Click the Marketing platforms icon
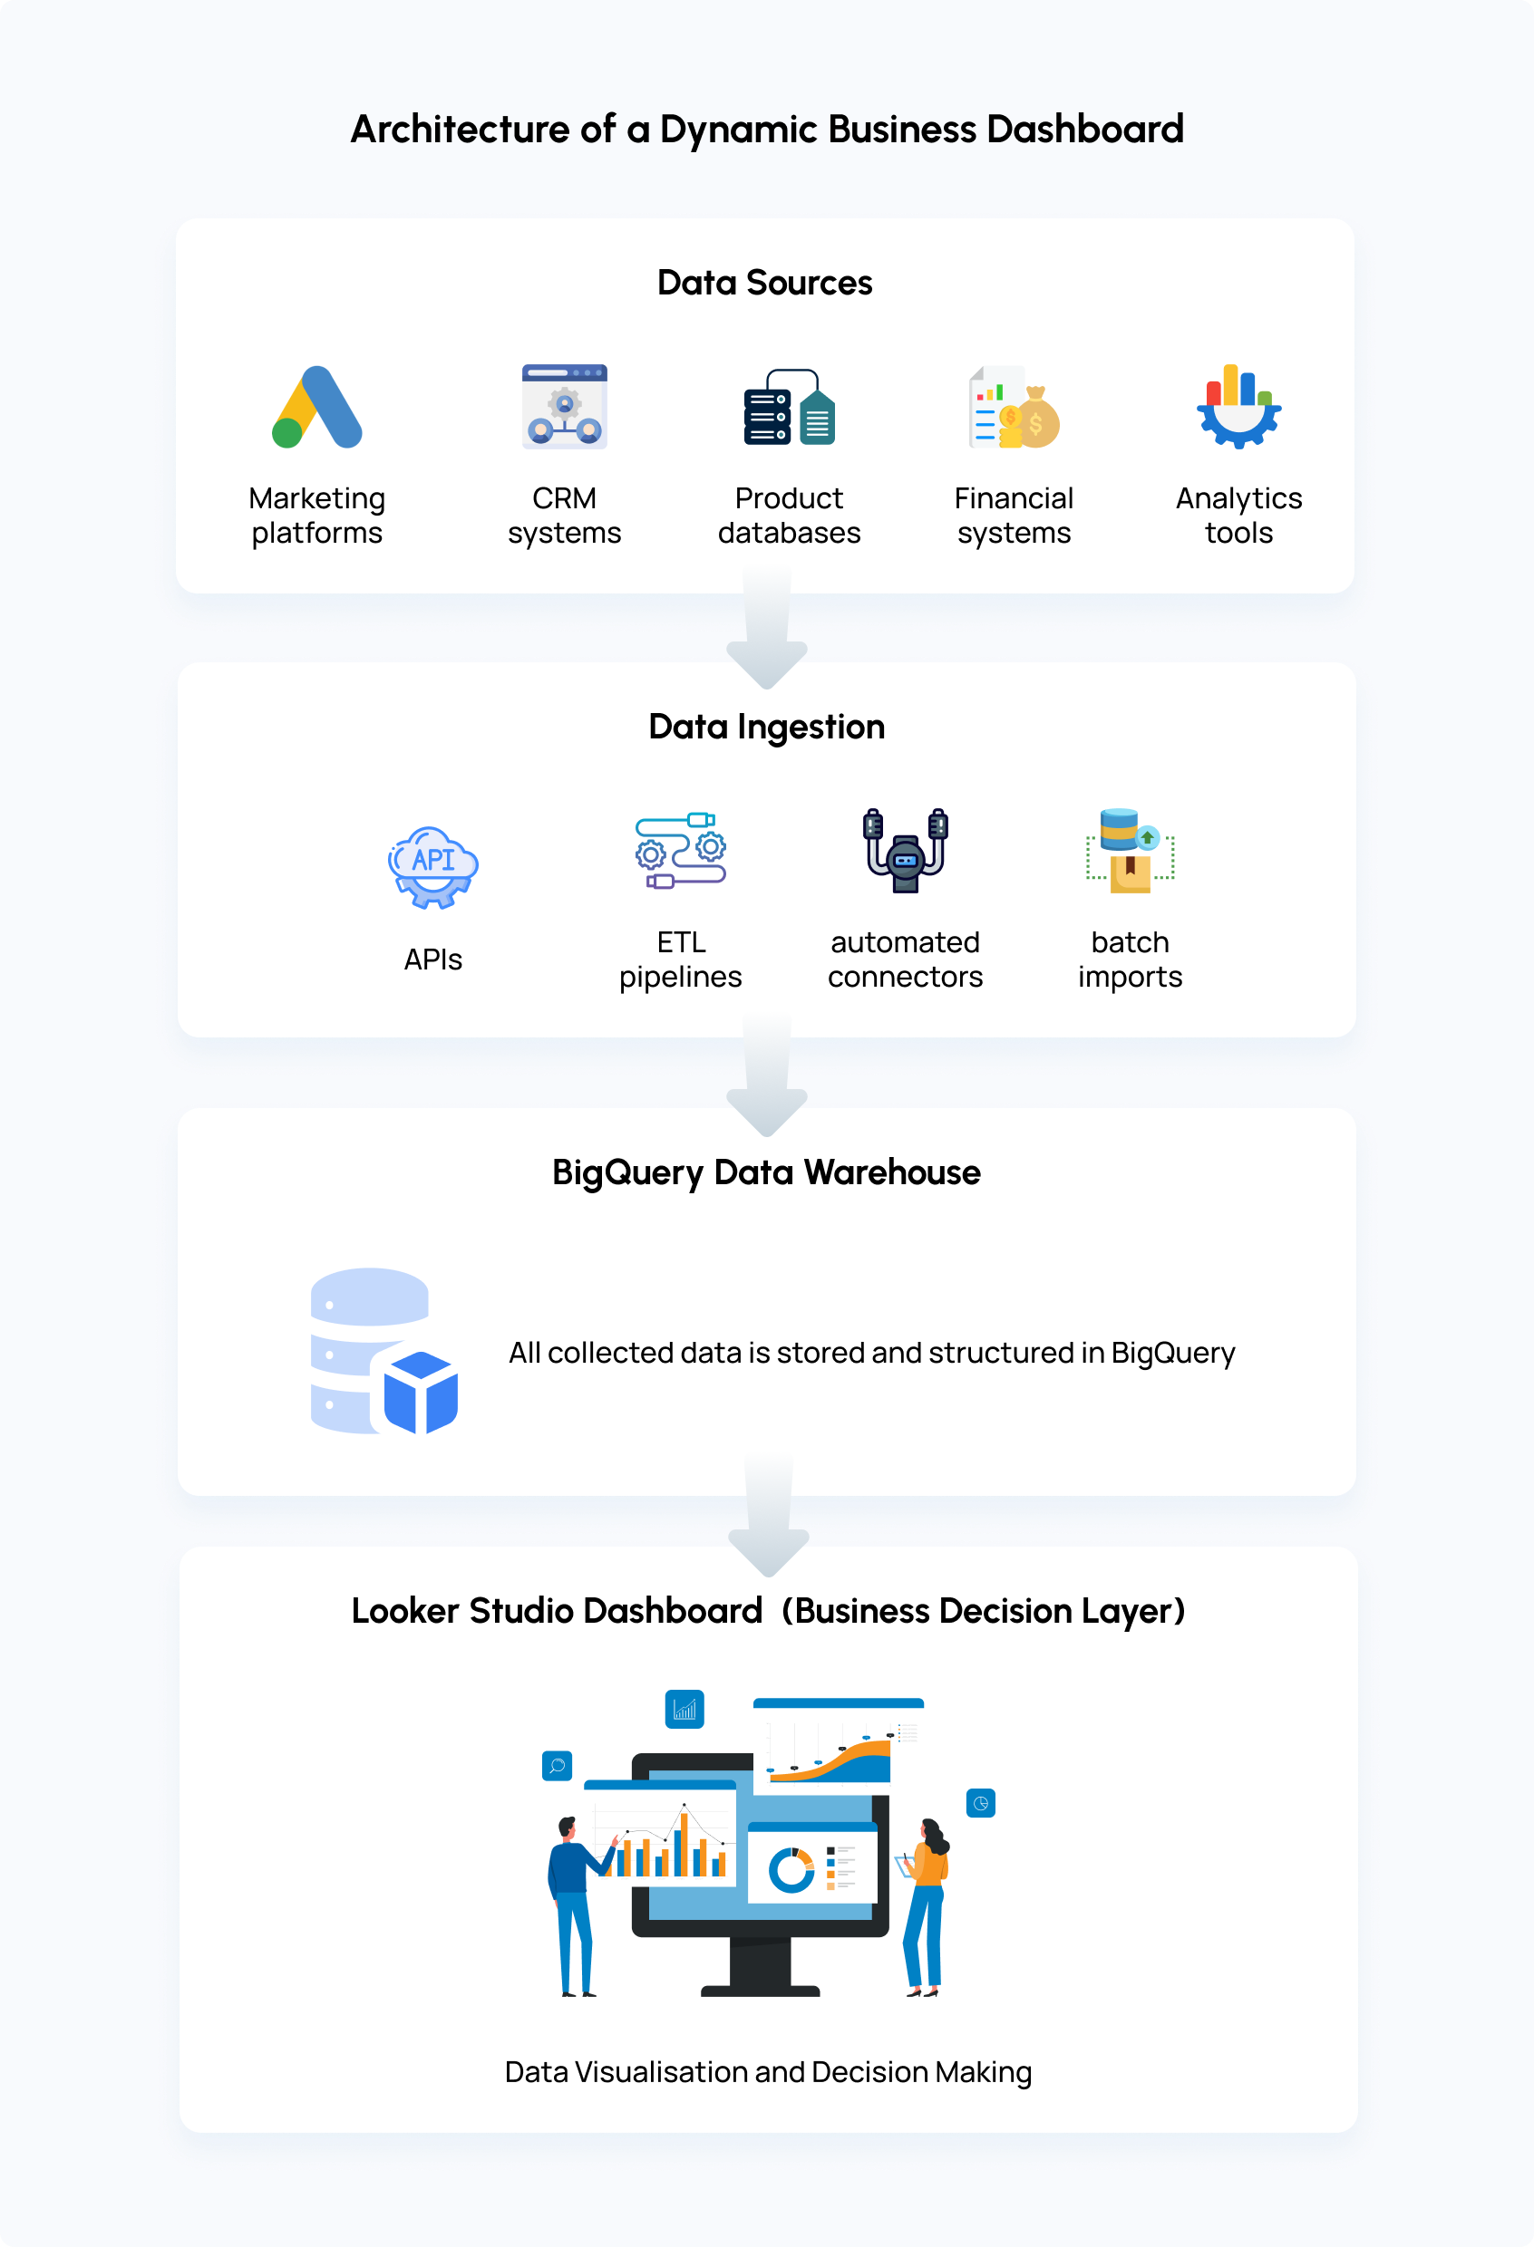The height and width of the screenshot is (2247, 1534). [x=317, y=407]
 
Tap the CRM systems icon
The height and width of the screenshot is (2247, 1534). [x=564, y=406]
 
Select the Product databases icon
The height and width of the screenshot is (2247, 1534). [x=790, y=407]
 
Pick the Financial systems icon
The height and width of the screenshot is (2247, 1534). [x=1014, y=407]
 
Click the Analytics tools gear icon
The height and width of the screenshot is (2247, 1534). [x=1239, y=407]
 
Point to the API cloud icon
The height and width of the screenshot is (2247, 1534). [x=432, y=866]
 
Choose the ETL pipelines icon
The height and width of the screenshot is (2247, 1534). [x=680, y=851]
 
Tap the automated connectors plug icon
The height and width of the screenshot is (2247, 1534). [x=906, y=851]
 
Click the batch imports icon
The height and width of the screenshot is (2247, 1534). [x=1130, y=851]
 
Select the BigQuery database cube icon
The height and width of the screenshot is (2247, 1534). [x=384, y=1351]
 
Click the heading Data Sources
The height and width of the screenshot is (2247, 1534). [x=764, y=284]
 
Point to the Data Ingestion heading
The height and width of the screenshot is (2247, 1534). [x=766, y=727]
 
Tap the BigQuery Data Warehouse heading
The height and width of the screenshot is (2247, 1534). [x=766, y=1172]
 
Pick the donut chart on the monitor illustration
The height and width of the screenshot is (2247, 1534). [x=791, y=1871]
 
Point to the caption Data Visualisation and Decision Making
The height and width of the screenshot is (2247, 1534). [x=768, y=2072]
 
